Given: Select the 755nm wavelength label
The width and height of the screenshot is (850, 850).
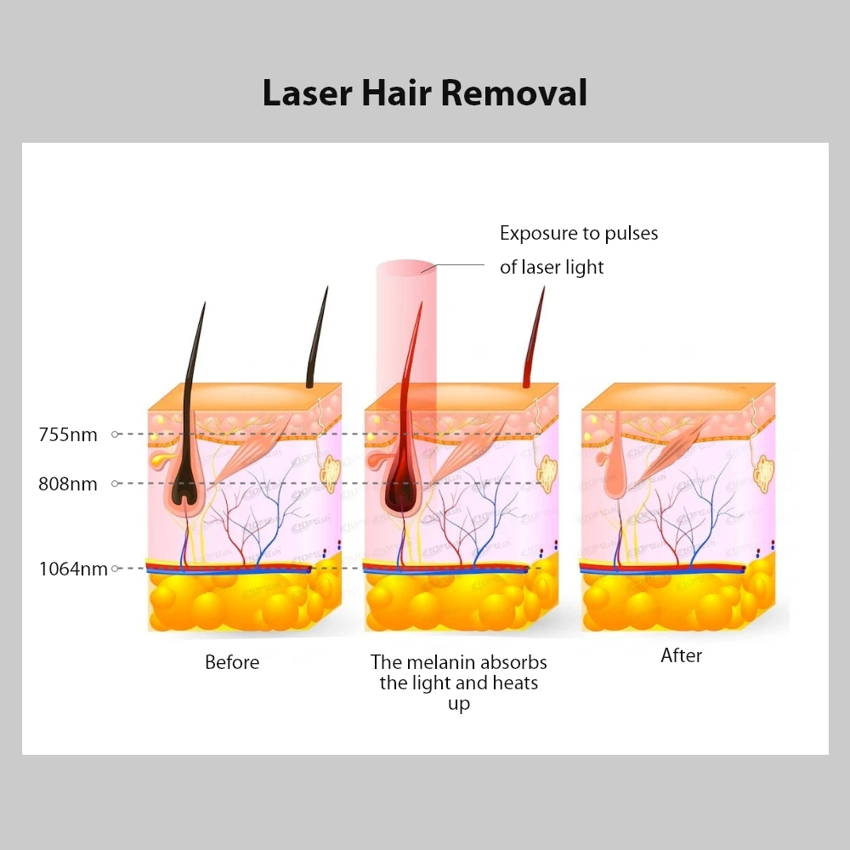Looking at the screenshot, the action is click(68, 435).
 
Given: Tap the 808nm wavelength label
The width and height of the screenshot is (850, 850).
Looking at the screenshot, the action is click(68, 484).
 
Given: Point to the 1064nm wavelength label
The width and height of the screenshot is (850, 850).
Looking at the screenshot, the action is click(73, 569).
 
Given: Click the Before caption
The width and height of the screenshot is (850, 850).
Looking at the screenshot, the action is click(232, 661).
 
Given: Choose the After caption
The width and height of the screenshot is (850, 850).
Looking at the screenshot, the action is click(682, 655).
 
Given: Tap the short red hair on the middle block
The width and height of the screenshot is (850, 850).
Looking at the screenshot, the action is click(535, 340).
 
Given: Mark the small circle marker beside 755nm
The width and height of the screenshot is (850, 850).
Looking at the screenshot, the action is click(115, 434).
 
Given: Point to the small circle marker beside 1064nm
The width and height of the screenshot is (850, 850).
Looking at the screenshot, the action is click(115, 568).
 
